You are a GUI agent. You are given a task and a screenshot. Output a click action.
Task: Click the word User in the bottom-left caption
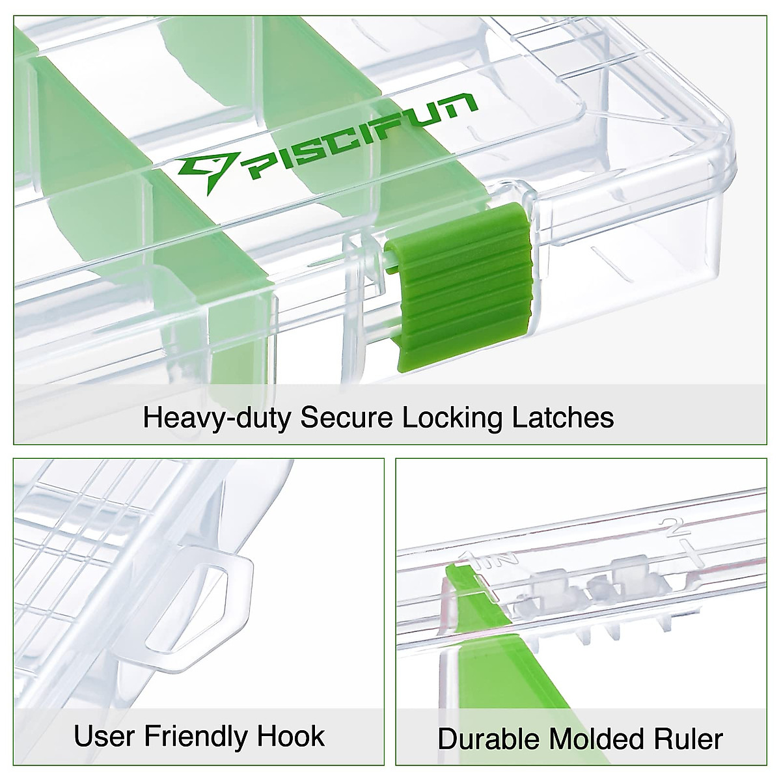click(x=105, y=736)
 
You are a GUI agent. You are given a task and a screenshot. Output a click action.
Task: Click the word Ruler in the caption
click(x=691, y=739)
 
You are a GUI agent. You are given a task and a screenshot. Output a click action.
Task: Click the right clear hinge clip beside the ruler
click(x=631, y=573)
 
